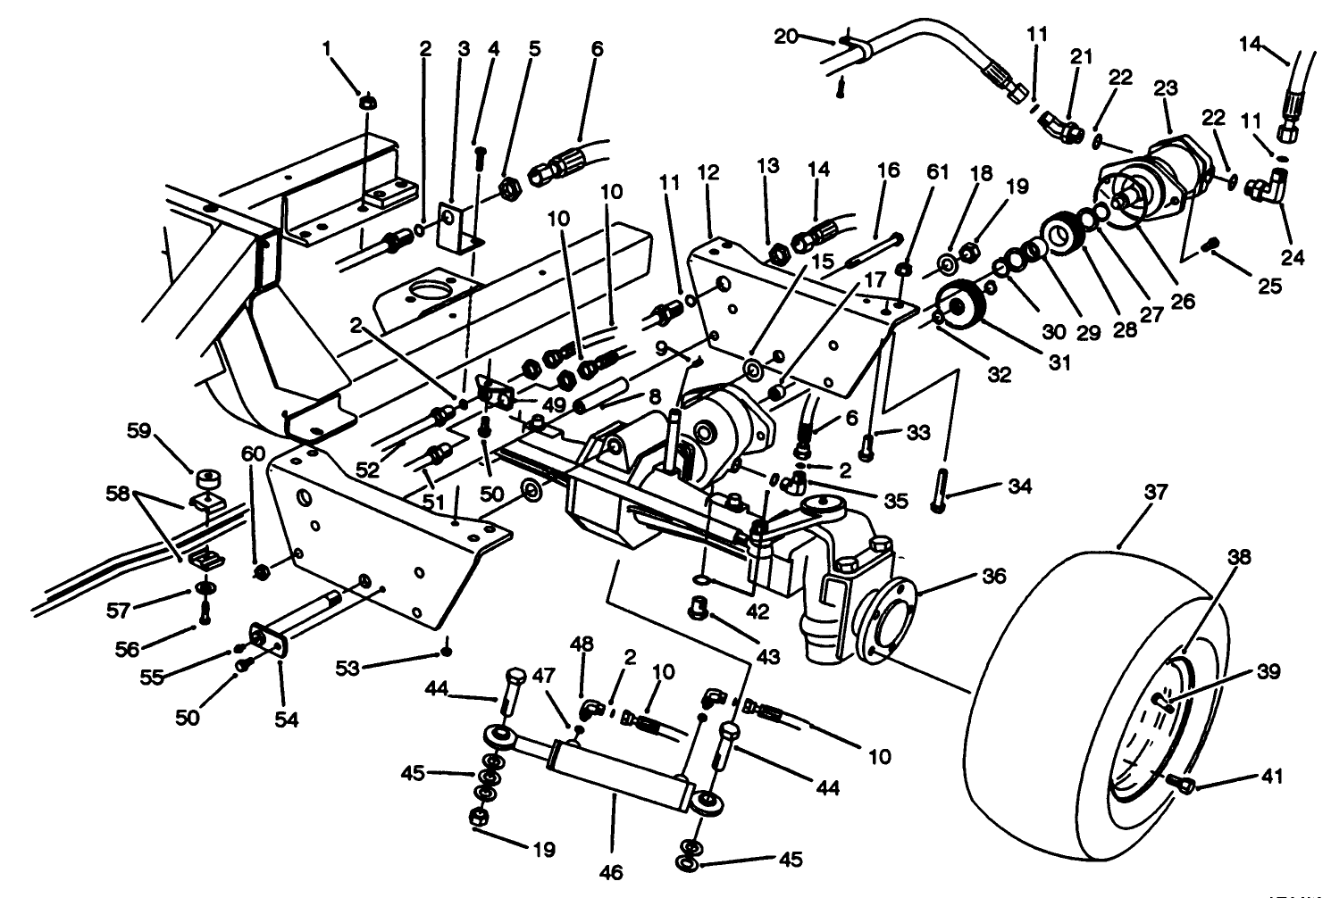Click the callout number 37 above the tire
1159,493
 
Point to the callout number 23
1166,88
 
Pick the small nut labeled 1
366,103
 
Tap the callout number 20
785,36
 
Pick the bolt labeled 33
866,444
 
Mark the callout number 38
1239,558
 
